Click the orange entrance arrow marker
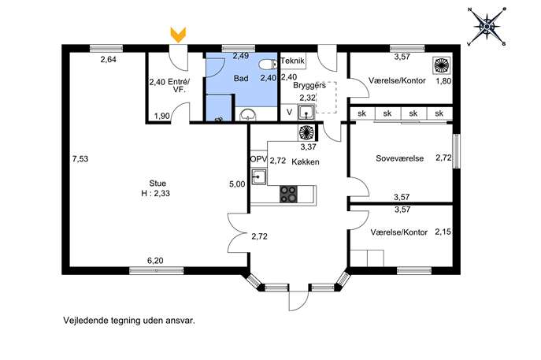pos(179,35)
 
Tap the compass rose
pos(487,26)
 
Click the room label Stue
pos(157,184)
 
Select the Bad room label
pos(241,78)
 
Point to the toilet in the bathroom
pos(268,65)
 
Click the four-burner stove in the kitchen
pos(288,194)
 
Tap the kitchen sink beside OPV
pos(258,177)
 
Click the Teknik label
pos(293,61)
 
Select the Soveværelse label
pos(399,158)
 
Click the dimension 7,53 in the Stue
pos(80,159)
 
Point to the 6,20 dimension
pos(155,261)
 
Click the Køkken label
pos(306,161)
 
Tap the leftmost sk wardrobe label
pos(361,113)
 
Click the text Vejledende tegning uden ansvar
pos(129,321)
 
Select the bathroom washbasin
pos(248,115)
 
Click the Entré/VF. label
pos(179,86)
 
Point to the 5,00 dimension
pos(237,184)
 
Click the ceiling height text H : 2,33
pos(156,193)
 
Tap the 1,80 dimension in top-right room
pos(443,81)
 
